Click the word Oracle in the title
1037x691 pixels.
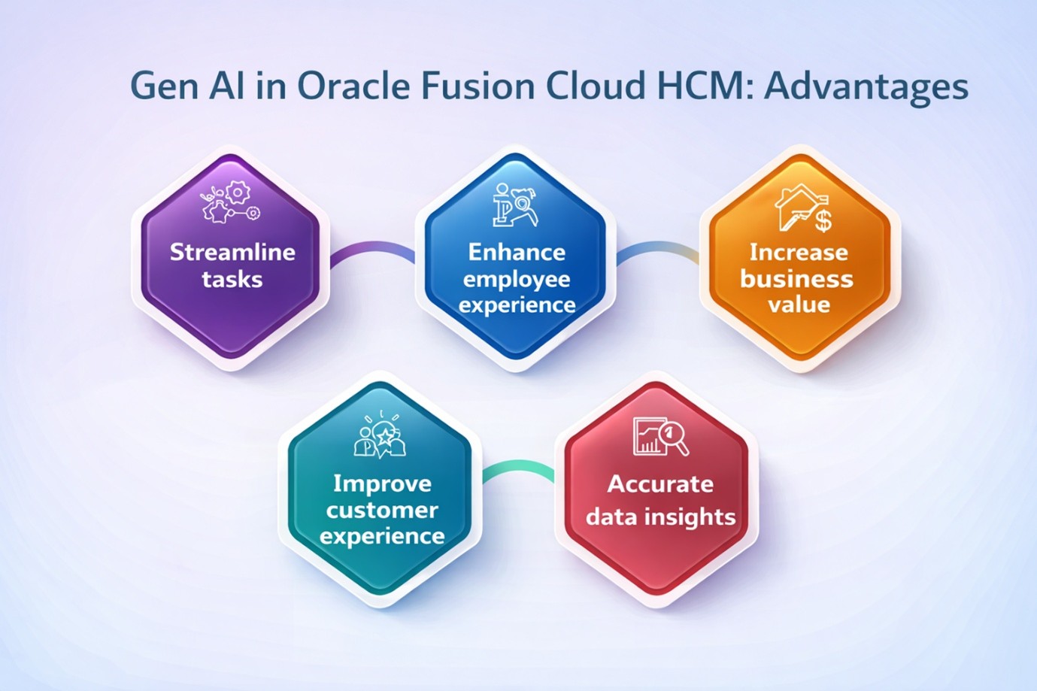point(353,86)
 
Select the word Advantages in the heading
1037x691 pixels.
point(866,88)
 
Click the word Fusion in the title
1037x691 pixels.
point(479,86)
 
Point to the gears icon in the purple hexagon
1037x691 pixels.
point(231,203)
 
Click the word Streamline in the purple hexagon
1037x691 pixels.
point(232,252)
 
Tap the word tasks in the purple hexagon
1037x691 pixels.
point(232,280)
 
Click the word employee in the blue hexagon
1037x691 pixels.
point(517,280)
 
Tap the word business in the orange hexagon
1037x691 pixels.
point(796,279)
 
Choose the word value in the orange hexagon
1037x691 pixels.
point(799,305)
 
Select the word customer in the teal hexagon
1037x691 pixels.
point(383,511)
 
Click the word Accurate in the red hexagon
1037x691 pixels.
point(660,484)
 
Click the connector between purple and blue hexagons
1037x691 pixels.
point(373,252)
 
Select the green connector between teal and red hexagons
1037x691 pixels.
point(518,471)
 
